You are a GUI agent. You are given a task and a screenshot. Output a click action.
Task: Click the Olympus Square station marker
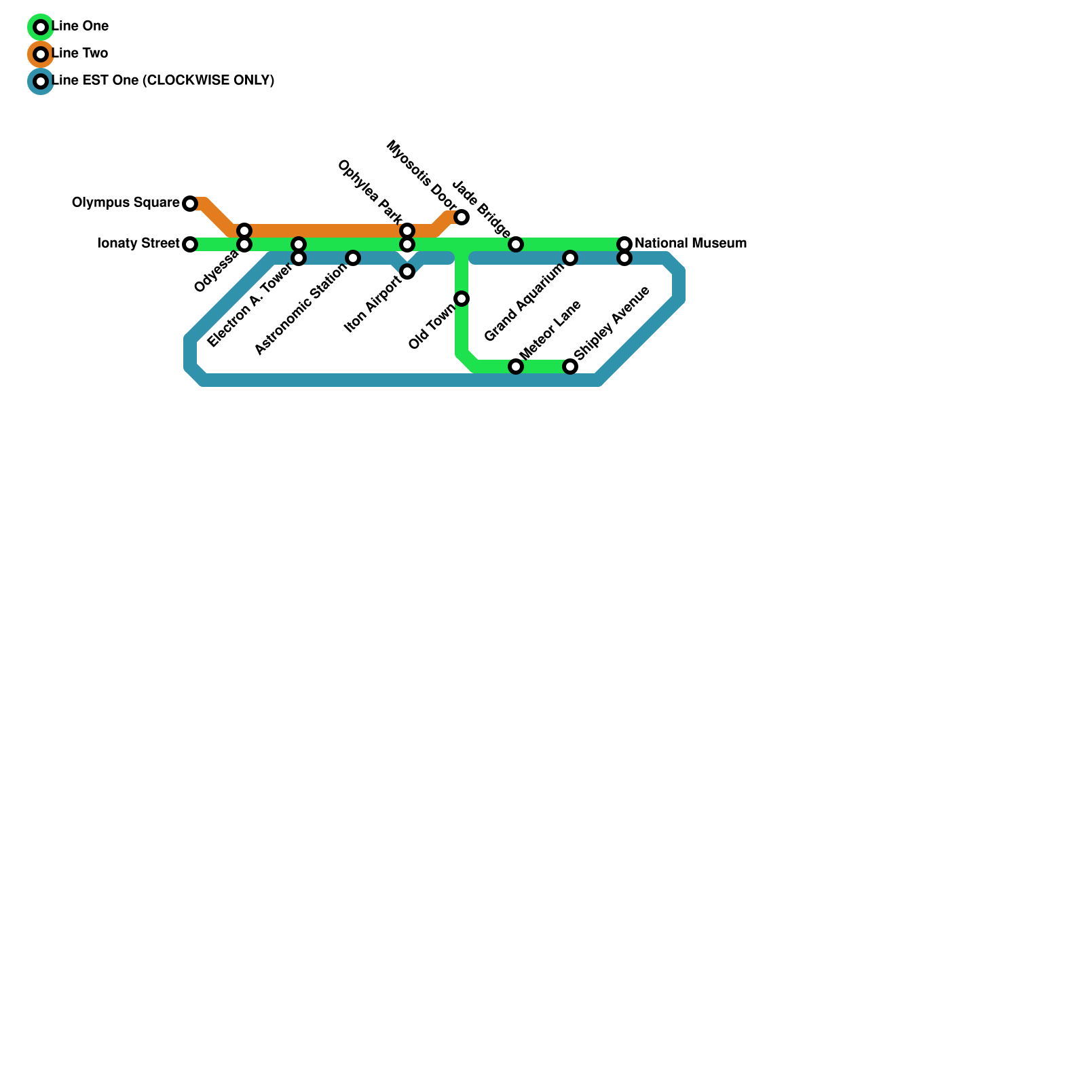pyautogui.click(x=190, y=204)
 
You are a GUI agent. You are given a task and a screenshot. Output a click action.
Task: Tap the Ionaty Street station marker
pyautogui.click(x=190, y=244)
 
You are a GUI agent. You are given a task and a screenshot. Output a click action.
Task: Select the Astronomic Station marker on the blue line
pyautogui.click(x=353, y=258)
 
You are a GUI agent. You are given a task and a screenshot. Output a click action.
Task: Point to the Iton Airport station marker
pyautogui.click(x=407, y=271)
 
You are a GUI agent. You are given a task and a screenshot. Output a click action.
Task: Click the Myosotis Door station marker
pyautogui.click(x=462, y=217)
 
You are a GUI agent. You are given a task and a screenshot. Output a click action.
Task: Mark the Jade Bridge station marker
pyautogui.click(x=516, y=244)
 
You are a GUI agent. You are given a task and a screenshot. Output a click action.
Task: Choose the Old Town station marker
pyautogui.click(x=462, y=299)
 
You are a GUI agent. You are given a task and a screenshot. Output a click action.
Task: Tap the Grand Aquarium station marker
pyautogui.click(x=570, y=258)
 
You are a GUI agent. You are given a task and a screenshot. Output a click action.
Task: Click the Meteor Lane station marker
pyautogui.click(x=516, y=367)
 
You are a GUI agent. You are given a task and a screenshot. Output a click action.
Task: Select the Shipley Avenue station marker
pyautogui.click(x=570, y=367)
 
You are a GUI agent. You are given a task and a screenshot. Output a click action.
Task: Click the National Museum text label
pyautogui.click(x=690, y=243)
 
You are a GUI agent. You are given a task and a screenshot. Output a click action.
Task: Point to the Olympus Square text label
pyautogui.click(x=126, y=202)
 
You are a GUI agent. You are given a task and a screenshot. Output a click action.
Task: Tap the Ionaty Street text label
pyautogui.click(x=138, y=243)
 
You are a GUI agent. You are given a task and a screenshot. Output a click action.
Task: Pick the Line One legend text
pyautogui.click(x=80, y=26)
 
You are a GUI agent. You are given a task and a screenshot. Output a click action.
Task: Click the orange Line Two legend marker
pyautogui.click(x=41, y=54)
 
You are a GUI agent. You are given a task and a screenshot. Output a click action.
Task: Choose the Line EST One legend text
pyautogui.click(x=163, y=80)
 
